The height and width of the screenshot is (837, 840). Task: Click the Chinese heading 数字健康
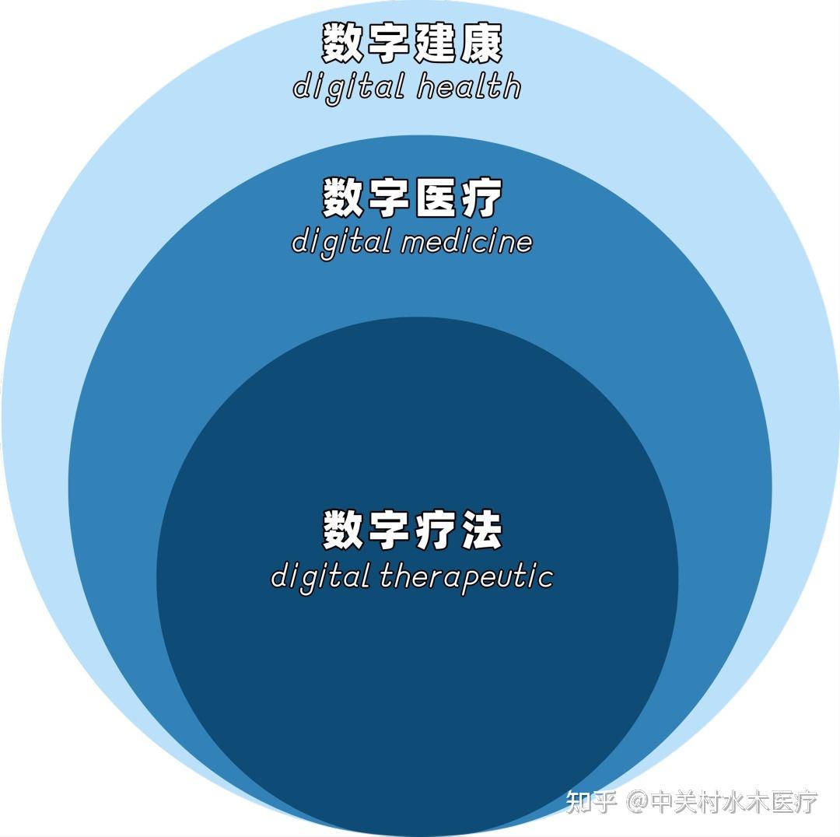click(412, 44)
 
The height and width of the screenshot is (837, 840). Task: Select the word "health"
click(468, 86)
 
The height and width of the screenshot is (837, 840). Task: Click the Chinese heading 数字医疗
click(412, 198)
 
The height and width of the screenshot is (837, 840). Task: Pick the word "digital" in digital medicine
click(341, 242)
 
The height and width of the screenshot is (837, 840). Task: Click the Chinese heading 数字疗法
click(412, 531)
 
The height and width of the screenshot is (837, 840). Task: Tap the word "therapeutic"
click(467, 577)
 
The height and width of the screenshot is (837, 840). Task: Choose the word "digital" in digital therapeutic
click(320, 578)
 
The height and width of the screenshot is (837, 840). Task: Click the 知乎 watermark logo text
click(592, 801)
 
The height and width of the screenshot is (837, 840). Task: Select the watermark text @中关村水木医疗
click(723, 801)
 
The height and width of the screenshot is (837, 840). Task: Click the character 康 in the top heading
click(481, 44)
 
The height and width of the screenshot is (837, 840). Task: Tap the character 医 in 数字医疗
click(436, 198)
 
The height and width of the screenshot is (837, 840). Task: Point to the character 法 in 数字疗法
click(481, 531)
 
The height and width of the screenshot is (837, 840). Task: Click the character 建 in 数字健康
click(436, 44)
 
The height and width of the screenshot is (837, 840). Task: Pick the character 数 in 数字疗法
click(345, 531)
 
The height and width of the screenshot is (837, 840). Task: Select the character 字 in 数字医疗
click(390, 198)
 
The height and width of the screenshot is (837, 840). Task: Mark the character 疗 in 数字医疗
click(481, 198)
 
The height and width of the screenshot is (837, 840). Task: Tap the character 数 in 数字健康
click(345, 44)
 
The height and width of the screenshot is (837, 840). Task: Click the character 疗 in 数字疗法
click(436, 531)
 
